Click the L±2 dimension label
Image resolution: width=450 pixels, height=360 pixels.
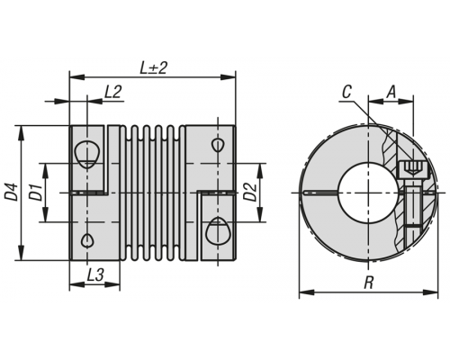tap(153, 68)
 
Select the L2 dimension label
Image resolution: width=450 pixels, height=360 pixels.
tap(112, 92)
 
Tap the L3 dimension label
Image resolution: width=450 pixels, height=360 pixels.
tap(95, 274)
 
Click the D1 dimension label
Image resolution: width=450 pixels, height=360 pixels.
tap(35, 193)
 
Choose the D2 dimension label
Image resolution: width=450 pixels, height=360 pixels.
tap(249, 192)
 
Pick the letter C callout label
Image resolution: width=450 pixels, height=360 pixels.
tap(346, 92)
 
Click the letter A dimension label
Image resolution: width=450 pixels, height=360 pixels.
tap(391, 92)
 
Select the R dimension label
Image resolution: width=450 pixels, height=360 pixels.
tap(368, 283)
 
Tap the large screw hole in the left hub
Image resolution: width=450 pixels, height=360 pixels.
tap(87, 154)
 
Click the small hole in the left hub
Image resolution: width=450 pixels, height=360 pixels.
tap(87, 239)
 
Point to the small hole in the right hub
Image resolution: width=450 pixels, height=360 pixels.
tap(217, 145)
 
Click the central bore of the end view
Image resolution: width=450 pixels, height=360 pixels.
tap(368, 192)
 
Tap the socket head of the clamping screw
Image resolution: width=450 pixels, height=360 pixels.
tap(413, 169)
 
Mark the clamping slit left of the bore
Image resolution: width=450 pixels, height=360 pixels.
tap(321, 193)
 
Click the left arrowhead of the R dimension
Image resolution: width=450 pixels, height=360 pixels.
tap(307, 292)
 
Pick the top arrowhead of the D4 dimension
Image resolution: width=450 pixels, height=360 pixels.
tap(21, 133)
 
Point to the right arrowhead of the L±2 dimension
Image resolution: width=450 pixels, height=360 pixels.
tap(228, 77)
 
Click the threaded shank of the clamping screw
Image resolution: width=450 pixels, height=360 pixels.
tap(413, 213)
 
